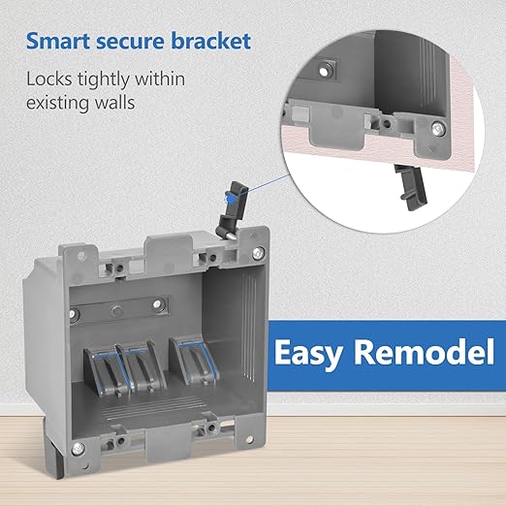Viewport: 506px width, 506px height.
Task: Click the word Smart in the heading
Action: [58, 41]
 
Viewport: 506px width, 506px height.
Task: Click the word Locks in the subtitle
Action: [48, 79]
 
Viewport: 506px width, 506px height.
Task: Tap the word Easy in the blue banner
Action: [308, 353]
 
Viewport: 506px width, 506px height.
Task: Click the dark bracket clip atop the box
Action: [232, 210]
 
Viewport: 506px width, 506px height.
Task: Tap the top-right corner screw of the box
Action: [258, 253]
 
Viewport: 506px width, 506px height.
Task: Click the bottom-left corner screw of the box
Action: [78, 449]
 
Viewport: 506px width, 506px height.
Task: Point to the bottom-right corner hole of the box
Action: [249, 439]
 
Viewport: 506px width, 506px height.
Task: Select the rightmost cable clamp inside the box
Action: [194, 361]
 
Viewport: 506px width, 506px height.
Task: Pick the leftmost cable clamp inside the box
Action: [104, 371]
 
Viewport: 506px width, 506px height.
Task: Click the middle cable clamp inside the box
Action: [142, 366]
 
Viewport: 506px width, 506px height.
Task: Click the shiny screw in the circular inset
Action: [438, 129]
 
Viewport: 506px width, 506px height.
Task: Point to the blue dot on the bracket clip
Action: [231, 199]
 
